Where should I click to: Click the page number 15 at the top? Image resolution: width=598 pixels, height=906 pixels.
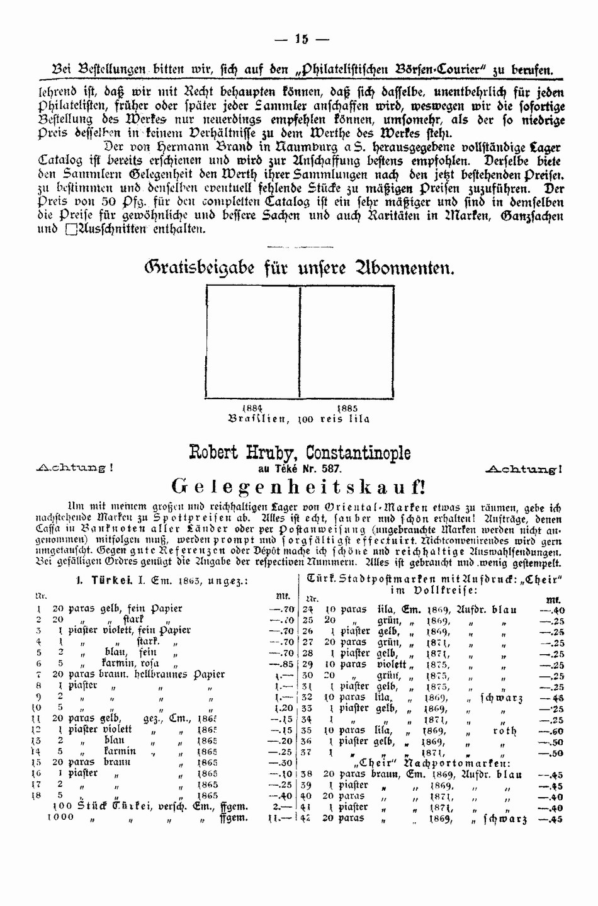[302, 39]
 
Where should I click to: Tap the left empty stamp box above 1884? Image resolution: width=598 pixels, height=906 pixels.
[253, 341]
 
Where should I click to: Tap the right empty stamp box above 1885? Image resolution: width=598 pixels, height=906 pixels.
[347, 341]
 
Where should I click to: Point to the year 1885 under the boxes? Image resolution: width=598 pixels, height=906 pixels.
[347, 408]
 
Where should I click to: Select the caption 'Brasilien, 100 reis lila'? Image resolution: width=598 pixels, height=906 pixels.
[298, 419]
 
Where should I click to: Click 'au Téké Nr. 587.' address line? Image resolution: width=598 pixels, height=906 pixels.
[300, 468]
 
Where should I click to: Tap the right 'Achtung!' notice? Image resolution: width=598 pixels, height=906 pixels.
[524, 468]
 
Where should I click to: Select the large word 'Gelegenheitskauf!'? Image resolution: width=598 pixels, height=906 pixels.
[299, 486]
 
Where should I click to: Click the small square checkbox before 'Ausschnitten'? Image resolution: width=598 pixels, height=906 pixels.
[70, 229]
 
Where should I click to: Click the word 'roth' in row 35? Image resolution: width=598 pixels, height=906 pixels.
[504, 731]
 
